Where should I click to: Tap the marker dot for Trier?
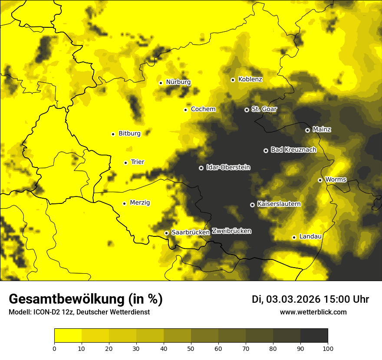point(125,163)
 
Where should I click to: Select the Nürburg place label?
point(178,82)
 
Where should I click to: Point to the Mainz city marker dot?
point(307,130)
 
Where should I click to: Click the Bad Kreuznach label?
point(293,150)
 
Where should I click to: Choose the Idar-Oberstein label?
point(228,167)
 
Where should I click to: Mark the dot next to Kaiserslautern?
point(252,205)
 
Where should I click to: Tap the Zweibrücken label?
point(231,231)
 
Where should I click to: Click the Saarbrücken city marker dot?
point(166,233)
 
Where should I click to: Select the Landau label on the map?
point(310,236)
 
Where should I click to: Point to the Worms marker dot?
point(320,180)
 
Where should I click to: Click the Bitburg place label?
point(129,134)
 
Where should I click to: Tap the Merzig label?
point(140,203)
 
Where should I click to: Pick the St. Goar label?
point(264,109)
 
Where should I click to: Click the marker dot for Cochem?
point(185,110)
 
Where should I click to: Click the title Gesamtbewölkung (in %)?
point(86,299)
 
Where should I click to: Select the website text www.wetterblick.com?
point(313,312)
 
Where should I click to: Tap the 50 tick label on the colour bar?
point(191,348)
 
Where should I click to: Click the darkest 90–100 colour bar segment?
point(314,335)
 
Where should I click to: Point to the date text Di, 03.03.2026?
point(286,299)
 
